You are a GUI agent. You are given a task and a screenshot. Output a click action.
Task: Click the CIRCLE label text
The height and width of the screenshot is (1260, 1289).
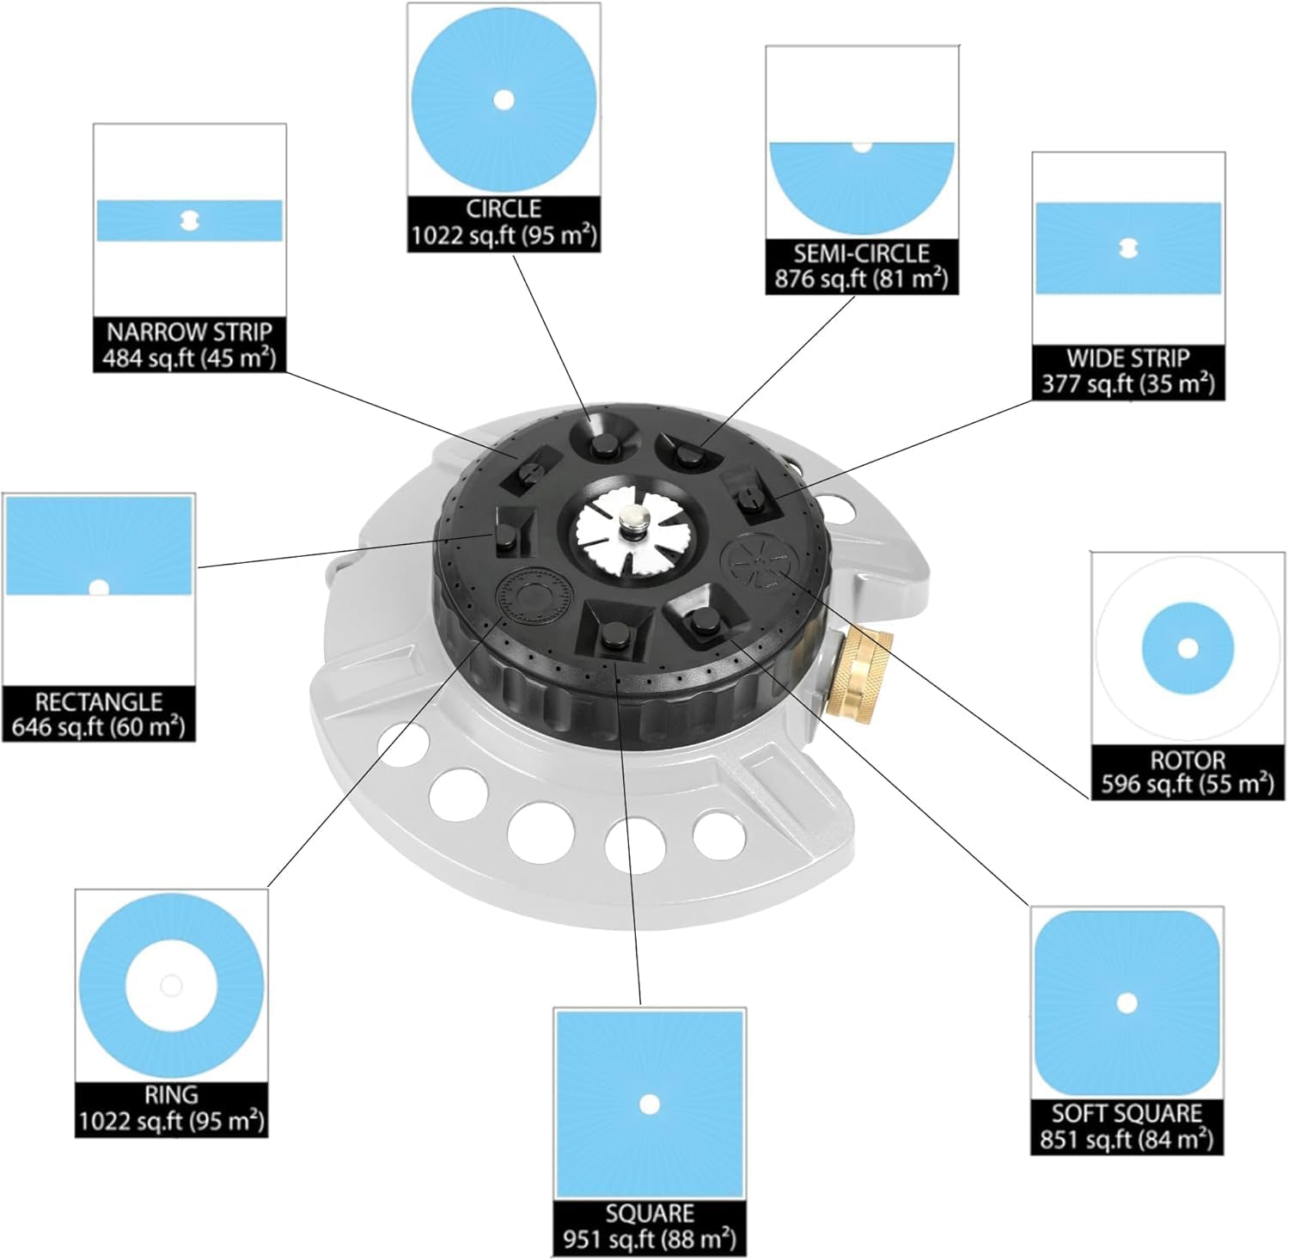(504, 209)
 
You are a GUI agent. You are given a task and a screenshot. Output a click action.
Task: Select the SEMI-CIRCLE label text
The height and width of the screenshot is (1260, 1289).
(861, 254)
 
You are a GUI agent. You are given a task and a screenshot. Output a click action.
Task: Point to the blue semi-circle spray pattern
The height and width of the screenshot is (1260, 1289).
(861, 185)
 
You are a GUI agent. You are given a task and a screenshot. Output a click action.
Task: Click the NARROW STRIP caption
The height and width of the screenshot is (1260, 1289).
(189, 332)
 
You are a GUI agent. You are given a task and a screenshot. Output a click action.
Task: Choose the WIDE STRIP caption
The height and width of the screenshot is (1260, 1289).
(1127, 358)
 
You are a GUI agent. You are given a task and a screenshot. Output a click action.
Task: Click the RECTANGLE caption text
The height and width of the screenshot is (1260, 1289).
(99, 701)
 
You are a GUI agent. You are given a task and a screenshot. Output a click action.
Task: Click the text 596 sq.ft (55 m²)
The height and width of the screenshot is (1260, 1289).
(1187, 785)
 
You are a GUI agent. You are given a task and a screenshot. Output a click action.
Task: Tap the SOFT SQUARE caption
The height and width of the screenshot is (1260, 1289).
(1127, 1114)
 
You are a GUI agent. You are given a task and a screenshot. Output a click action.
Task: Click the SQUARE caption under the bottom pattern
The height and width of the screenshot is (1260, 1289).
(650, 1214)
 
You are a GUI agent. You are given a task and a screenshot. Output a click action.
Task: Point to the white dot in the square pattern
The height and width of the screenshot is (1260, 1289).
(650, 1104)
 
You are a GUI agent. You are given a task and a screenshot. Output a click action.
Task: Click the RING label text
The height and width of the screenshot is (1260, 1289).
(171, 1095)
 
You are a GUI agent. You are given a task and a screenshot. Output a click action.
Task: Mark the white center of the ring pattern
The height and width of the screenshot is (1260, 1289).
(171, 985)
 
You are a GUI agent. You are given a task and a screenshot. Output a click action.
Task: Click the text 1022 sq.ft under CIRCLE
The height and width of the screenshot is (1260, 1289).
(504, 235)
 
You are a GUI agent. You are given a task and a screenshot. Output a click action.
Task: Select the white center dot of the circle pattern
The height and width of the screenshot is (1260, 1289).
(504, 100)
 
